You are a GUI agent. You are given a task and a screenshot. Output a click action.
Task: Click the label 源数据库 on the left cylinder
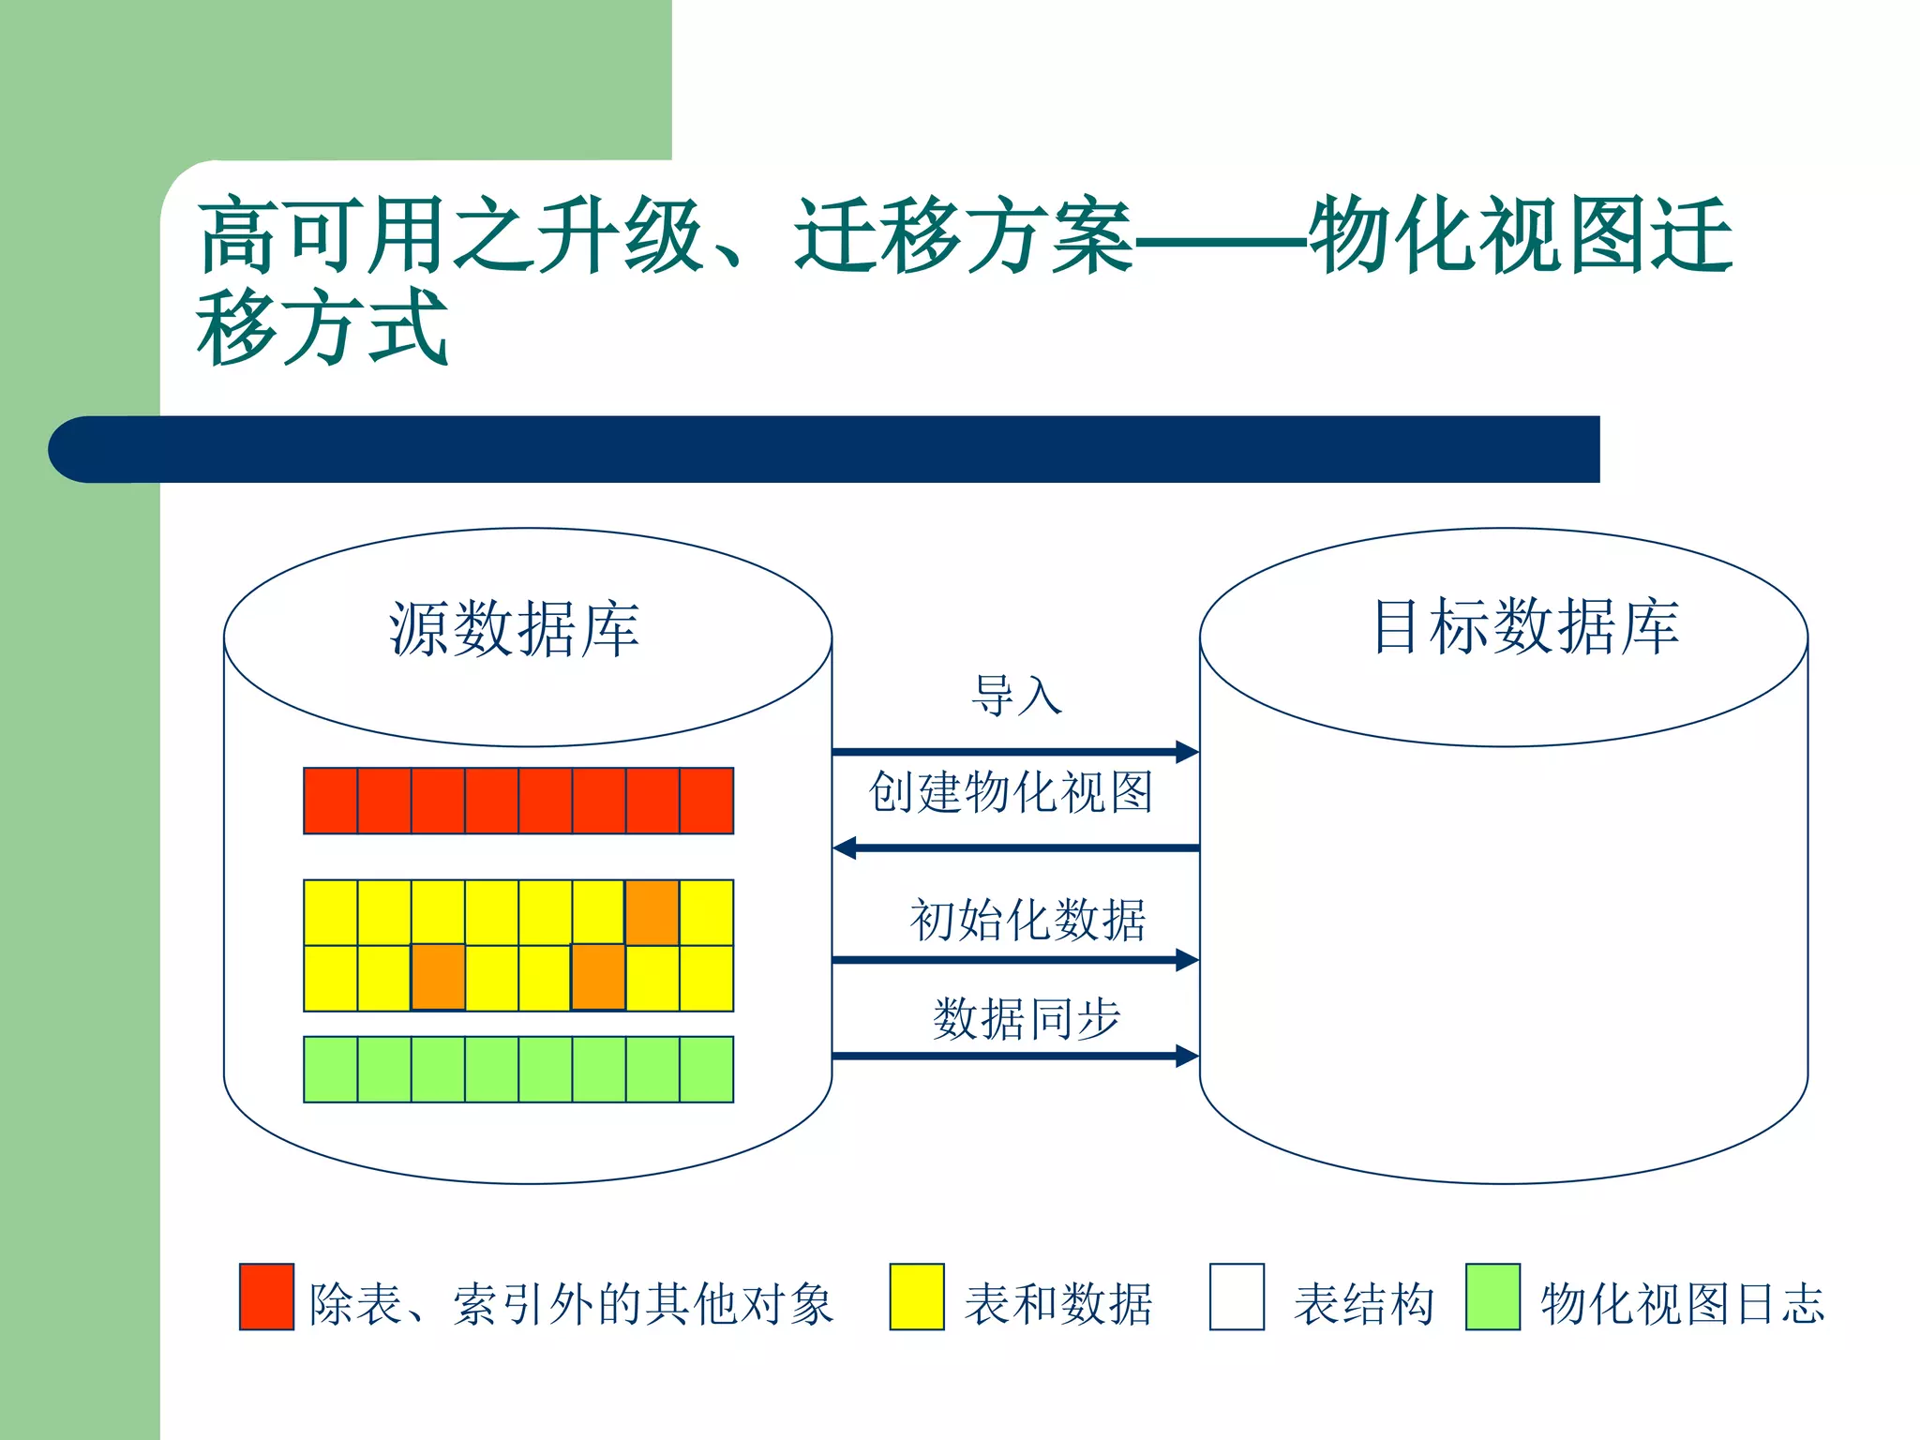514,629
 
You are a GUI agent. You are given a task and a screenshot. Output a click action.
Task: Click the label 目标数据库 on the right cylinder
1525,626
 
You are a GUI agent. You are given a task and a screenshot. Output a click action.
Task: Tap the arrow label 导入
1016,696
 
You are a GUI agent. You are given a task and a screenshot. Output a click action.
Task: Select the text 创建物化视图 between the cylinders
1011,792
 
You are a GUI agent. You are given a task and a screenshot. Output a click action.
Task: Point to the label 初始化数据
1027,920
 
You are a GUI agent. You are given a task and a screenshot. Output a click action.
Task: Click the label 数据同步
1027,1018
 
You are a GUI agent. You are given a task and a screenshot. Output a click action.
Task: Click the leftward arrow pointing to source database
1015,848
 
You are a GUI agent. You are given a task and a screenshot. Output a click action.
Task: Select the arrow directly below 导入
1015,751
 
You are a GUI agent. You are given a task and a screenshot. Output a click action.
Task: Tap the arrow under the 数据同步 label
1015,1057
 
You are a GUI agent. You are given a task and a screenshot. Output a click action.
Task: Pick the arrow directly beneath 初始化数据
1015,960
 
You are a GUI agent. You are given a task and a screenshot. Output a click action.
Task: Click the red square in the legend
266,1297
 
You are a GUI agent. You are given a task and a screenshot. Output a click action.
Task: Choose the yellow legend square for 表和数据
917,1297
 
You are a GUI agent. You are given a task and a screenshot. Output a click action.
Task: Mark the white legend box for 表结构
1237,1297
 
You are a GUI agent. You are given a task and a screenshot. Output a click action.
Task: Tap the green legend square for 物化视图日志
1492,1297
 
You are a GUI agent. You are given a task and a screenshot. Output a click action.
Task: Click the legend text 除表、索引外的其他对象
571,1304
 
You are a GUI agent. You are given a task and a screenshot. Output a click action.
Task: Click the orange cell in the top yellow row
652,912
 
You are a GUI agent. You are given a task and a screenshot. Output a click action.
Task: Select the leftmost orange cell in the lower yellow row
438,978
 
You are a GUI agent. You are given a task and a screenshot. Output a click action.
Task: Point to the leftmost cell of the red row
331,801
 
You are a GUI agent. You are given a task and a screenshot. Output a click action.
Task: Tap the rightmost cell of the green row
707,1070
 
